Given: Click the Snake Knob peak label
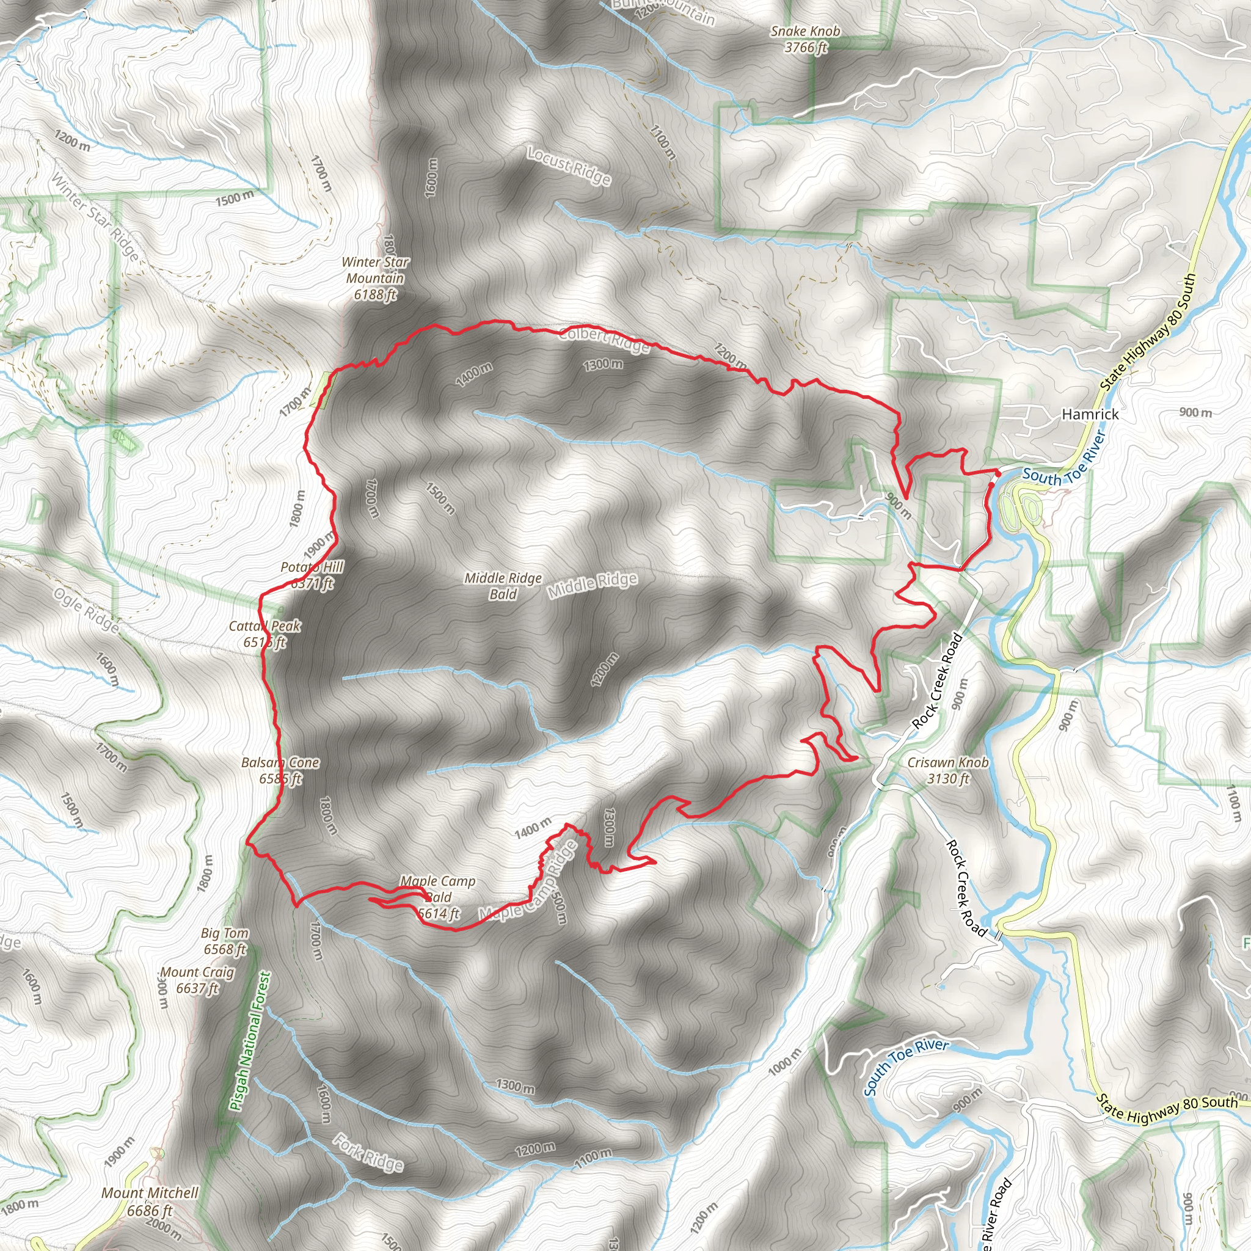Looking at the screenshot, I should pyautogui.click(x=805, y=39).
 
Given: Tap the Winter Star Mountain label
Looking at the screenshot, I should pyautogui.click(x=376, y=279).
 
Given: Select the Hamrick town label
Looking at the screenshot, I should pyautogui.click(x=1090, y=414).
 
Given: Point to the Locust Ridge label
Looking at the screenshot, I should pyautogui.click(x=569, y=166).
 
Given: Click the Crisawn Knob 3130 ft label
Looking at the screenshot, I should pyautogui.click(x=948, y=770).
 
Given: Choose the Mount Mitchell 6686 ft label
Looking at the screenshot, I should pyautogui.click(x=150, y=1201).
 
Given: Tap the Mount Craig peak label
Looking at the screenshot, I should pyautogui.click(x=197, y=980).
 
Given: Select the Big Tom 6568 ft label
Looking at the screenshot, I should pyautogui.click(x=225, y=941).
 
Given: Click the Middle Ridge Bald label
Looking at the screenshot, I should pyautogui.click(x=503, y=585).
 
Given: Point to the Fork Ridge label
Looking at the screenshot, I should pyautogui.click(x=368, y=1153).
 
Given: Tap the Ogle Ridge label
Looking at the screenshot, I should pyautogui.click(x=86, y=611).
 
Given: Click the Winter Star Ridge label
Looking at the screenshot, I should pyautogui.click(x=95, y=217).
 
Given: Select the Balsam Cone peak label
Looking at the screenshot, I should pyautogui.click(x=280, y=770).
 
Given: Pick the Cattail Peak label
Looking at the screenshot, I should pyautogui.click(x=265, y=633).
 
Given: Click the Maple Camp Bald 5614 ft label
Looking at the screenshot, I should pyautogui.click(x=438, y=897).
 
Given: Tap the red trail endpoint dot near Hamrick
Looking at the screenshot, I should pyautogui.click(x=997, y=474).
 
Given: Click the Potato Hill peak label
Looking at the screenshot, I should pyautogui.click(x=312, y=575).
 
